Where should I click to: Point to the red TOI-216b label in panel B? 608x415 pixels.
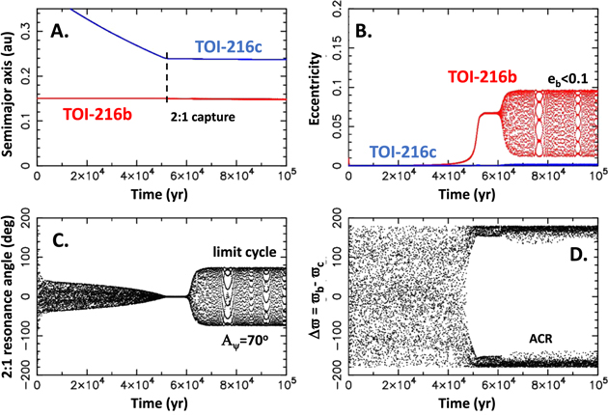(485, 76)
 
